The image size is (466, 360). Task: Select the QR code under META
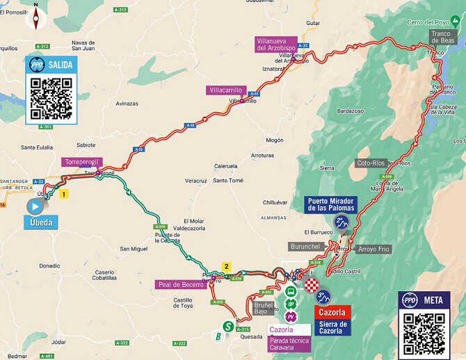click(424, 332)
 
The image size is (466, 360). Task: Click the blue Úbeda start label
click(40, 223)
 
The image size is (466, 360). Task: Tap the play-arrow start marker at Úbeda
click(35, 206)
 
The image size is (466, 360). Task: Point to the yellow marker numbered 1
click(64, 195)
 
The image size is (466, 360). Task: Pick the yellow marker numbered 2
click(225, 265)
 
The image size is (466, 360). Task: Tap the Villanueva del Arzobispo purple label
click(277, 45)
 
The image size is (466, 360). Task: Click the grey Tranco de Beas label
click(442, 36)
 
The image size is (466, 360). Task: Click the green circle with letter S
click(227, 325)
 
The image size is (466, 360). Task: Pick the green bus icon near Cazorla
click(290, 292)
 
